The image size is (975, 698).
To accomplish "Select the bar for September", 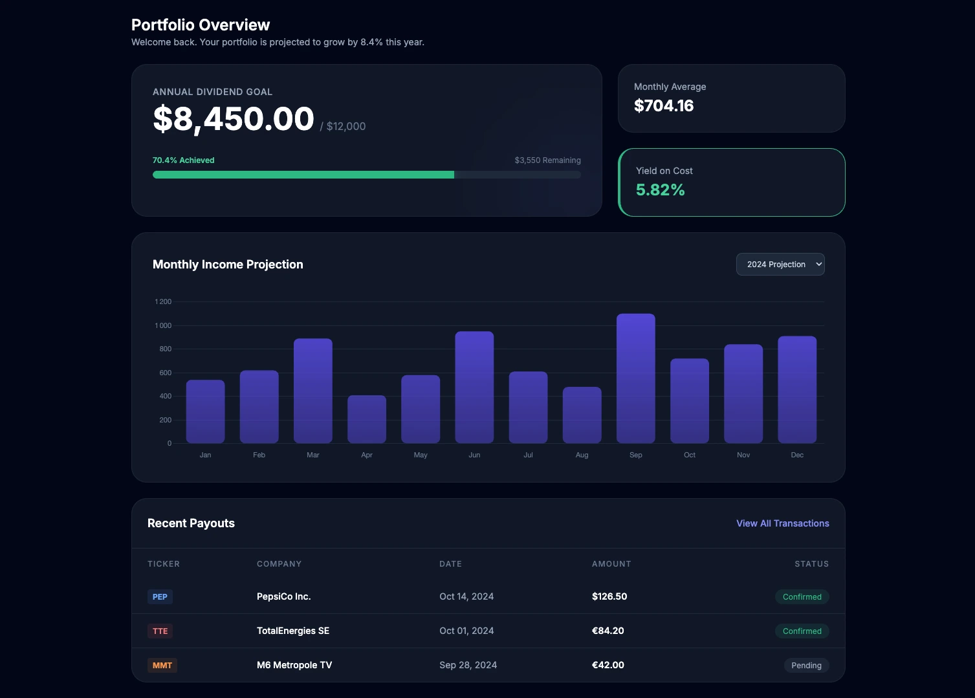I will pos(635,378).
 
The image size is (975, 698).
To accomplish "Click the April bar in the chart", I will pos(366,419).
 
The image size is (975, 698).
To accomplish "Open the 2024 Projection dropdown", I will pos(780,264).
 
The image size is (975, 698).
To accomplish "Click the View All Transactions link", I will pos(782,523).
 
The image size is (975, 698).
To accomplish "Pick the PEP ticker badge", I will pos(160,597).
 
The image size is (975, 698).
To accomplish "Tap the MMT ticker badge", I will pos(162,666).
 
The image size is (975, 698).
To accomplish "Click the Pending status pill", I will pos(806,666).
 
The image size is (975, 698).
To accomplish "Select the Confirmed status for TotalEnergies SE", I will pos(802,631).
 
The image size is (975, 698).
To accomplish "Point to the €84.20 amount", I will pos(608,631).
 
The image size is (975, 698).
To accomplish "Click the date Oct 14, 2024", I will pos(466,596).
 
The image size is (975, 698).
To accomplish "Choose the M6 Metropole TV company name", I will pos(294,665).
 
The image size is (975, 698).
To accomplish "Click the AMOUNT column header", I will pos(611,564).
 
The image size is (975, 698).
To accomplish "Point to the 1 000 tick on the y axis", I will pos(163,325).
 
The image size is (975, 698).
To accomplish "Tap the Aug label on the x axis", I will pos(582,455).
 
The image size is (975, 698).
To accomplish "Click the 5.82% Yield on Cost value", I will pos(660,190).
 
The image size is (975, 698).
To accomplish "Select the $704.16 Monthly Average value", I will pos(663,106).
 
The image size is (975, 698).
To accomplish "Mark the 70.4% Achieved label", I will pos(183,160).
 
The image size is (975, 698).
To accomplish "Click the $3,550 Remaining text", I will pos(547,160).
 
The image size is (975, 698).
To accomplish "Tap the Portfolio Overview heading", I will pos(201,25).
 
